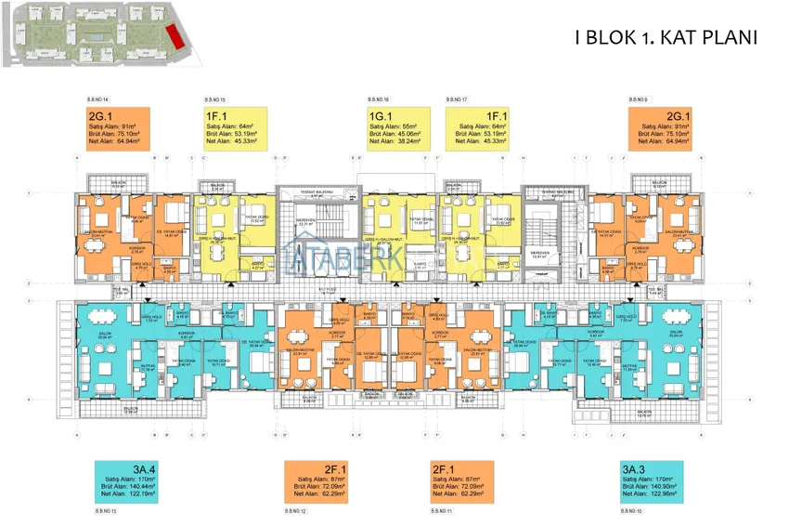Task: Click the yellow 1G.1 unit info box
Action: pyautogui.click(x=394, y=129)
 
